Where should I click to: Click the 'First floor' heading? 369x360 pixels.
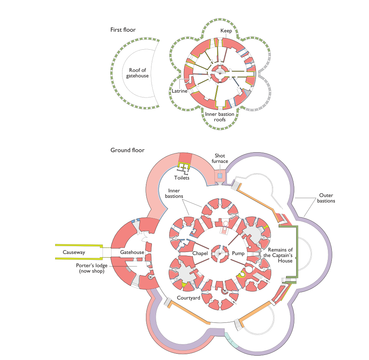123,29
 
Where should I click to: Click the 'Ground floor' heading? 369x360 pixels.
127,150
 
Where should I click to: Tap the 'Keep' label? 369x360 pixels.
226,31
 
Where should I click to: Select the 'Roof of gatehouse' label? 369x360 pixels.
137,73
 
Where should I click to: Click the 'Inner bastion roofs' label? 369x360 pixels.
220,117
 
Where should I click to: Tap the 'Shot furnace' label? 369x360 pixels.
220,158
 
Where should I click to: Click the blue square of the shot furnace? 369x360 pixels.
220,176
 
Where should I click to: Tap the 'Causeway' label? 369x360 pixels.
74,252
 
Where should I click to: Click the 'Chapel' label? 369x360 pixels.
200,253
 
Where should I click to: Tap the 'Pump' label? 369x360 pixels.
238,253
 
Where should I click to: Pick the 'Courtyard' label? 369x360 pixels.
188,298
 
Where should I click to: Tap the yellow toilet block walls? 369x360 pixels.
184,167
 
